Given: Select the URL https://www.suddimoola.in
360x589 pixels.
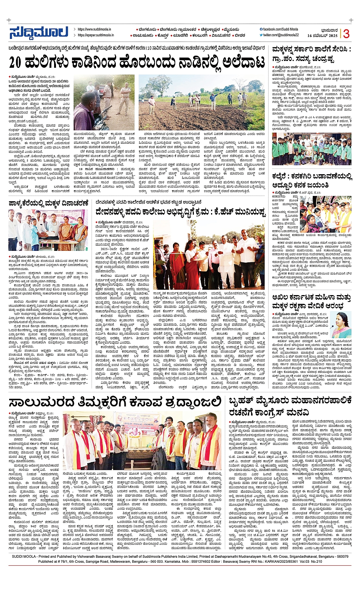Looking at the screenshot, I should click(x=94, y=29).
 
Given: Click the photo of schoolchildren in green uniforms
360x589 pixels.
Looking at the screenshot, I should click(x=311, y=149).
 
